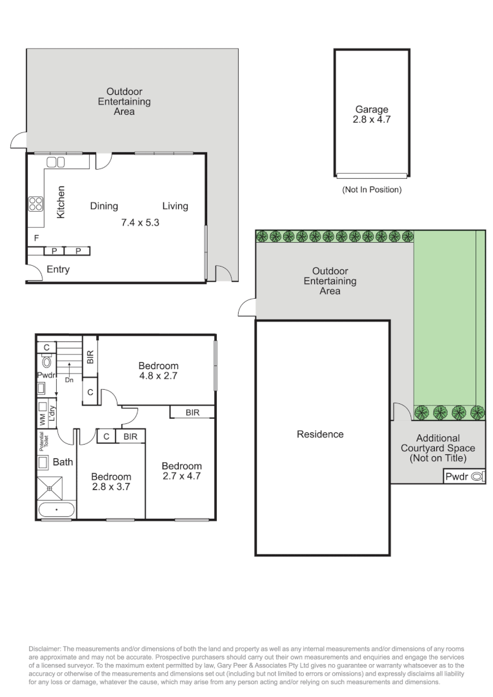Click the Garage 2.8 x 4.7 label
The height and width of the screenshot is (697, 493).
[x=372, y=114]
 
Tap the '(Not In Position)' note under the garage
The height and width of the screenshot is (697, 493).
[x=372, y=190]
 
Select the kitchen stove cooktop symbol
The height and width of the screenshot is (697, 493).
[x=36, y=204]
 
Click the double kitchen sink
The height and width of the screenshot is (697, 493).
[x=55, y=162]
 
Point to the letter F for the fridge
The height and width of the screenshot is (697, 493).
[x=36, y=238]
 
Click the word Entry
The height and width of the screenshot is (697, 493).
[x=58, y=269]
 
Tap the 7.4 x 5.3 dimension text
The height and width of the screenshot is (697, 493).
[x=140, y=222]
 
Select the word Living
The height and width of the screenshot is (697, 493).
[x=175, y=206]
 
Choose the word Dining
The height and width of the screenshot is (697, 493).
[x=104, y=206]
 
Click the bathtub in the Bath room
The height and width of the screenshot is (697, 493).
[x=56, y=509]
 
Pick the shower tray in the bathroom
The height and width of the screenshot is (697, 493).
[x=50, y=489]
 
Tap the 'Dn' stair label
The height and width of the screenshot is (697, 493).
[x=69, y=380]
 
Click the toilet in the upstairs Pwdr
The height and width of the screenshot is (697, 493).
[x=46, y=361]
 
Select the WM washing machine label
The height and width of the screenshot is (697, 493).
[x=43, y=419]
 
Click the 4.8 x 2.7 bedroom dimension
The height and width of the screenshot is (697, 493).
[x=158, y=376]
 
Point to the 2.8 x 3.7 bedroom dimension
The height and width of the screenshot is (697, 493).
[x=111, y=487]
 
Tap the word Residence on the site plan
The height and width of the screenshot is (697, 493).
[x=320, y=434]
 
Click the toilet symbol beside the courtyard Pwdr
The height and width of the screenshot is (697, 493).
[x=477, y=476]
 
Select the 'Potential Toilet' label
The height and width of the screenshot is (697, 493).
[x=44, y=441]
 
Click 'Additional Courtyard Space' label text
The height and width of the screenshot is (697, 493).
[x=438, y=443]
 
